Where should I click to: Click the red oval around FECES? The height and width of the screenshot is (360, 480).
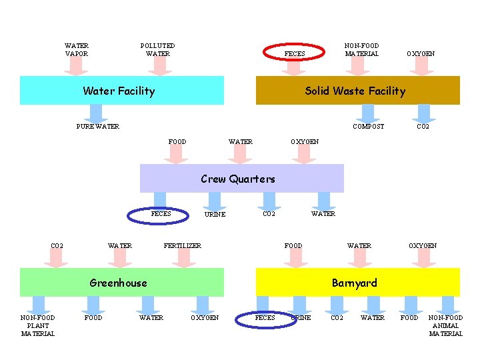tap(294, 53)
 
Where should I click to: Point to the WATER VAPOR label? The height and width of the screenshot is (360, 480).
tap(77, 50)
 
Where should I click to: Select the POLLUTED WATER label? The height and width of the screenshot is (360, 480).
tap(158, 50)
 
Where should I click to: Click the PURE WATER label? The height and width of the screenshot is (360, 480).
tap(97, 126)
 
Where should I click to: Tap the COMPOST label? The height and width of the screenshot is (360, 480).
tap(368, 126)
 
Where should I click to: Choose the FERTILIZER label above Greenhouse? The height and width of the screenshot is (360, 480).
tap(183, 246)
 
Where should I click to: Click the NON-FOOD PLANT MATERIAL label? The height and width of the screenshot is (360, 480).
tap(38, 326)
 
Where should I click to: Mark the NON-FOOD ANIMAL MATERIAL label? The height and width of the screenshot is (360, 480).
tap(445, 326)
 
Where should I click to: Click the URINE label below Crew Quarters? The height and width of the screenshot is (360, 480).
tap(215, 215)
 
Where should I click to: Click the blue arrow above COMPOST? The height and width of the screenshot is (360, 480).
tap(369, 113)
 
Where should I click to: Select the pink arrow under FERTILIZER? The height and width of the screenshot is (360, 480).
tap(183, 258)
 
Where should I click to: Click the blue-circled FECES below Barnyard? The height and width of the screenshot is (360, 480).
tap(265, 318)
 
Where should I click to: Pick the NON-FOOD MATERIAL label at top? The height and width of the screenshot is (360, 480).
tap(361, 50)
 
